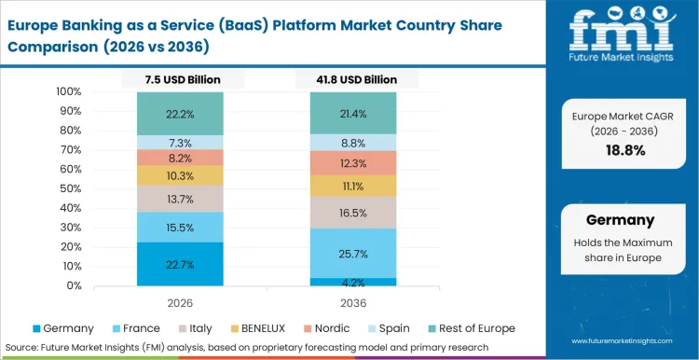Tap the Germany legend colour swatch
pos(36,328)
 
